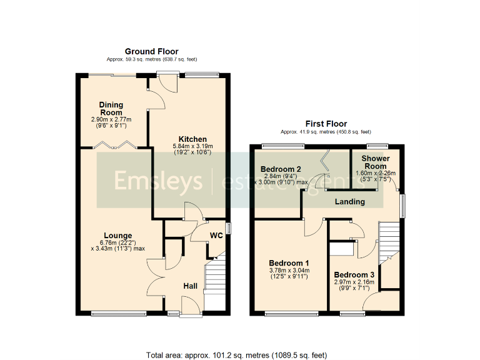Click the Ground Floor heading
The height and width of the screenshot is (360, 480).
pos(151,52)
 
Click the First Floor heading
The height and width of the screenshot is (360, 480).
pos(326,124)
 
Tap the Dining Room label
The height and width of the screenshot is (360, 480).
pos(111,109)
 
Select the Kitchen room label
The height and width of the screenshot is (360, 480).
pos(192,139)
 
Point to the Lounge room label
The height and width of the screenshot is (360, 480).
pos(119,236)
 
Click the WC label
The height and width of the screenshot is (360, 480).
pos(216,236)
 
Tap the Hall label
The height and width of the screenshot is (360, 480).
pos(190,286)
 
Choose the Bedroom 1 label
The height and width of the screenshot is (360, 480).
pos(290,262)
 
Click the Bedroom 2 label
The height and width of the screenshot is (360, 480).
pos(281,169)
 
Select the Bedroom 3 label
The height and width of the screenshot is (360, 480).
pos(354,275)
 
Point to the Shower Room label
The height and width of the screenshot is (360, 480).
pos(376,162)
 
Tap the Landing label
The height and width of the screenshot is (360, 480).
pos(350,202)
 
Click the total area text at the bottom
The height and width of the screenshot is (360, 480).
pos(236,355)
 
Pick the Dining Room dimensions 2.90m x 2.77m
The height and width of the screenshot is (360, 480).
pos(112,119)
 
